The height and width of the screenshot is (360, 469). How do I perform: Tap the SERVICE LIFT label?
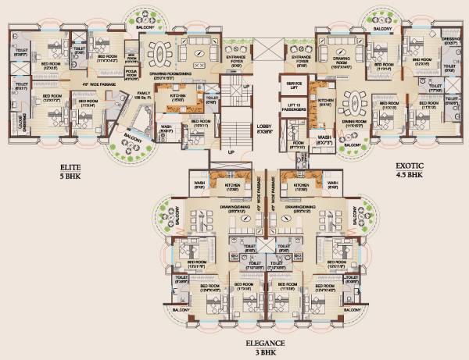click(295, 85)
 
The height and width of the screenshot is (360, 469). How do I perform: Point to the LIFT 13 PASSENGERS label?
click(295, 107)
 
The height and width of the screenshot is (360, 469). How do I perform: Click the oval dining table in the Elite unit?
click(166, 55)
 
